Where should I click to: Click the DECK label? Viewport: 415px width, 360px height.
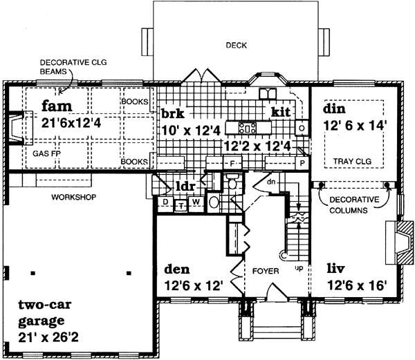(x=237, y=46)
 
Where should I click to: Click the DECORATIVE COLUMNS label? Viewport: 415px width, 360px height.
(x=353, y=204)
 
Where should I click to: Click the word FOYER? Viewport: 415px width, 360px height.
(x=265, y=271)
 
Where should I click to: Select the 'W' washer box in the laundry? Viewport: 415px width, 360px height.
(x=195, y=202)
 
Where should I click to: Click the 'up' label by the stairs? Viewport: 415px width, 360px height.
(x=298, y=265)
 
